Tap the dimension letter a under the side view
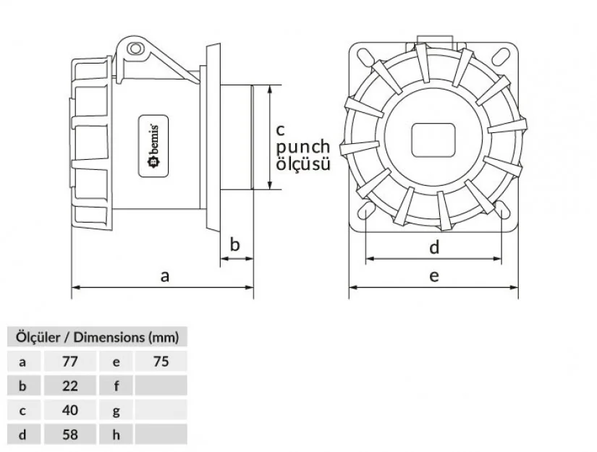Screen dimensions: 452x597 tap(165, 276)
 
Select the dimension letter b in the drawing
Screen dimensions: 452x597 tap(234, 244)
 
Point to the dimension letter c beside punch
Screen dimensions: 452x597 tap(281, 129)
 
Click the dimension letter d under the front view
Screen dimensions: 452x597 tap(434, 248)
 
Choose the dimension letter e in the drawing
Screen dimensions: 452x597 tap(434, 276)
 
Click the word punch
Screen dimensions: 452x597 tap(303, 147)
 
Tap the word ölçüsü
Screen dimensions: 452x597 tap(303, 164)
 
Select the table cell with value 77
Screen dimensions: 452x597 tap(69, 361)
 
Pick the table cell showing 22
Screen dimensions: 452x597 tap(69, 385)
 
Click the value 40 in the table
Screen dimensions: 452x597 tap(69, 410)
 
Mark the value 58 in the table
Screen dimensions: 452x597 tap(69, 435)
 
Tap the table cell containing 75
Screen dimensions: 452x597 tap(161, 361)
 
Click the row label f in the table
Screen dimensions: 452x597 tap(116, 385)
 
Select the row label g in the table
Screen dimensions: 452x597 tap(116, 410)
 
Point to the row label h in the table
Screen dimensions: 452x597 tap(116, 435)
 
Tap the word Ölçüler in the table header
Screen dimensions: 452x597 tap(37, 336)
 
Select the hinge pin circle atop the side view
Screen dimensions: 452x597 tap(134, 48)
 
